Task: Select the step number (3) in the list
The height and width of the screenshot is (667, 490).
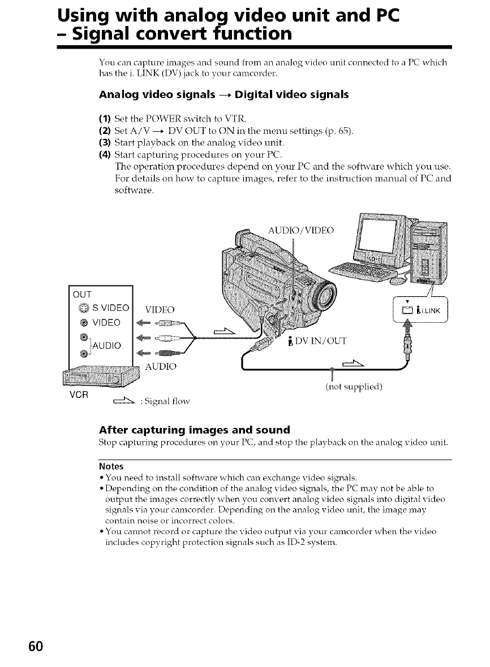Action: (105, 140)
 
